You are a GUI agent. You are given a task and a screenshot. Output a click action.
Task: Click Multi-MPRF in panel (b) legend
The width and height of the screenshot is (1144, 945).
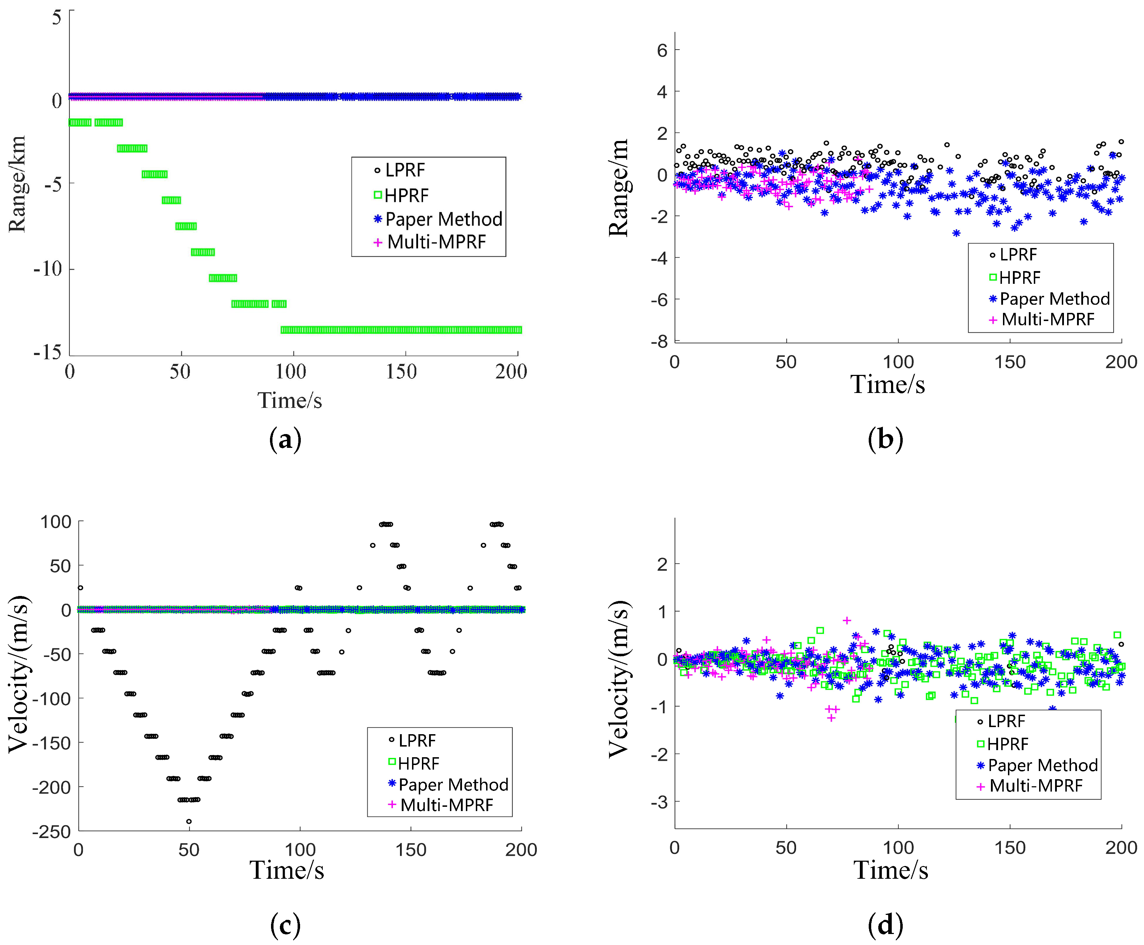point(1047,320)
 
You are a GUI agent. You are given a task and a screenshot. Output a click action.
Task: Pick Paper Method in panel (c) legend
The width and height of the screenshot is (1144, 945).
point(453,784)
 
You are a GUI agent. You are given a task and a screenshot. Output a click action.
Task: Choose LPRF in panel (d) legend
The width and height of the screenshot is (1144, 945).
point(1006,721)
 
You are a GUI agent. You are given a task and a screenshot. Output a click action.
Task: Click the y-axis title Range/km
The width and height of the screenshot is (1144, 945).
point(17,184)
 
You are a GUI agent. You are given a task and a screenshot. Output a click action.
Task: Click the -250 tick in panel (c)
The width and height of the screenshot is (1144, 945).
point(52,832)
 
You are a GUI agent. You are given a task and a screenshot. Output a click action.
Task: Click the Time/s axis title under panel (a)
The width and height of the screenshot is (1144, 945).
point(289,401)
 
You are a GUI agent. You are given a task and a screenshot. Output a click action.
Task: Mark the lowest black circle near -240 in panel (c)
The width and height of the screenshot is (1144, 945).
point(189,821)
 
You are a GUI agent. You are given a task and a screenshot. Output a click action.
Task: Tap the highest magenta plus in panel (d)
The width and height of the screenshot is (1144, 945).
point(847,620)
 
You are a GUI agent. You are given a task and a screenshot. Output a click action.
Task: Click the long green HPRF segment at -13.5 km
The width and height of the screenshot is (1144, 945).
point(401,330)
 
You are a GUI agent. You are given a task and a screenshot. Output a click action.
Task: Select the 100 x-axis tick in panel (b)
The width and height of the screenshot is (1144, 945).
point(897,362)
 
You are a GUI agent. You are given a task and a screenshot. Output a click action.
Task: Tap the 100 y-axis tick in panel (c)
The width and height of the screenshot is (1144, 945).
point(56,522)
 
